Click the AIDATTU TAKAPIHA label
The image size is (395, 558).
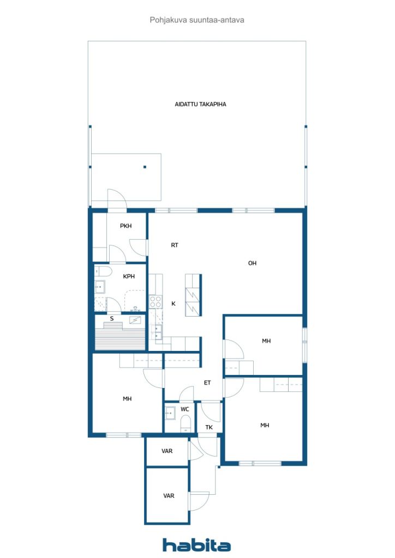tap(200, 104)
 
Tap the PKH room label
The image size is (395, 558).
tap(125, 226)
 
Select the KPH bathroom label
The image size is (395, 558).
tap(129, 276)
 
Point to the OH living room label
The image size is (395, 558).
tap(252, 263)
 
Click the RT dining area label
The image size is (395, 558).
tap(175, 245)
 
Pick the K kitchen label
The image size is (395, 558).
tap(173, 304)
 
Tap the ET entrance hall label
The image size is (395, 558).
tap(207, 383)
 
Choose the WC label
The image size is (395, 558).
tap(184, 409)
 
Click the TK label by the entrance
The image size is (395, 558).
tap(209, 427)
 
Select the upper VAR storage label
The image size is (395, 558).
tap(167, 451)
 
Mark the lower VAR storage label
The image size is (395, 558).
tap(169, 496)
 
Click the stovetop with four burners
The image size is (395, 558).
tap(155, 302)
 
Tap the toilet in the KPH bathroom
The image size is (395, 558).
tap(103, 271)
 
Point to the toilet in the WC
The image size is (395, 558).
tap(186, 424)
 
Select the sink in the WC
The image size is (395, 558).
tap(170, 413)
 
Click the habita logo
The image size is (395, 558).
tap(196, 545)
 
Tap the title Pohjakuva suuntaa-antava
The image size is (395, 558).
tap(197, 20)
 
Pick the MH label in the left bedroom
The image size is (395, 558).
tap(127, 399)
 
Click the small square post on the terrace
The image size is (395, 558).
tap(145, 167)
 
